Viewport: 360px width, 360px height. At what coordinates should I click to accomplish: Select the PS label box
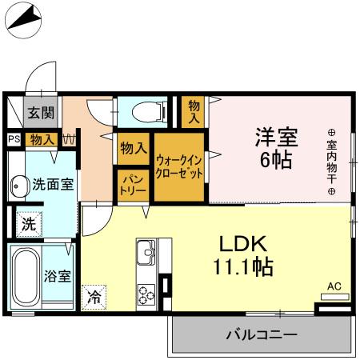coord(14,139)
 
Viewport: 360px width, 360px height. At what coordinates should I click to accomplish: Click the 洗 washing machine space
coord(28,224)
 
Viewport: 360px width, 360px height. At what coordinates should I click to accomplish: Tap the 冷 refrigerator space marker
coord(94,297)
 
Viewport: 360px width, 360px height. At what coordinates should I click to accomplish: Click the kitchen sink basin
coord(147,254)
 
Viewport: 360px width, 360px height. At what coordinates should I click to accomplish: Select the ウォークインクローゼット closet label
coord(178,166)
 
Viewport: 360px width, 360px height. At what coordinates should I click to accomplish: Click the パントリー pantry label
coord(132,186)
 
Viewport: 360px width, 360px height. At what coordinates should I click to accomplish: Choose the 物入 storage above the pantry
coord(133,147)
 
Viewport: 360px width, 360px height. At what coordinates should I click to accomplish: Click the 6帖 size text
coord(275,158)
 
